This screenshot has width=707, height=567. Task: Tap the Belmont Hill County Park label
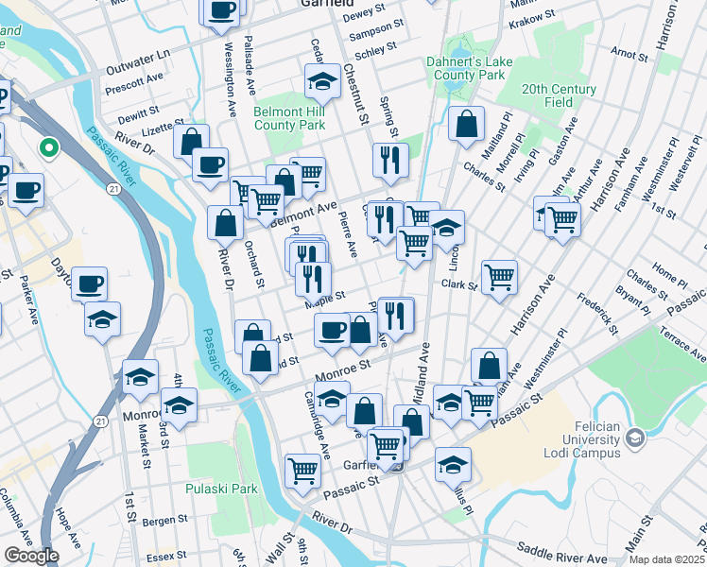pyautogui.click(x=289, y=118)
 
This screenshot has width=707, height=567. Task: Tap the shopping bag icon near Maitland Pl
pyautogui.click(x=467, y=123)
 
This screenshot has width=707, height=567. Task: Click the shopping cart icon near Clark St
pyautogui.click(x=499, y=276)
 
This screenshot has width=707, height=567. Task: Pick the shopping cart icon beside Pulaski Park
pyautogui.click(x=302, y=469)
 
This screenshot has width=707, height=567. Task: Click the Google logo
pyautogui.click(x=31, y=556)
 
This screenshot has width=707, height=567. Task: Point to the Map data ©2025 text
pyautogui.click(x=666, y=559)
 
